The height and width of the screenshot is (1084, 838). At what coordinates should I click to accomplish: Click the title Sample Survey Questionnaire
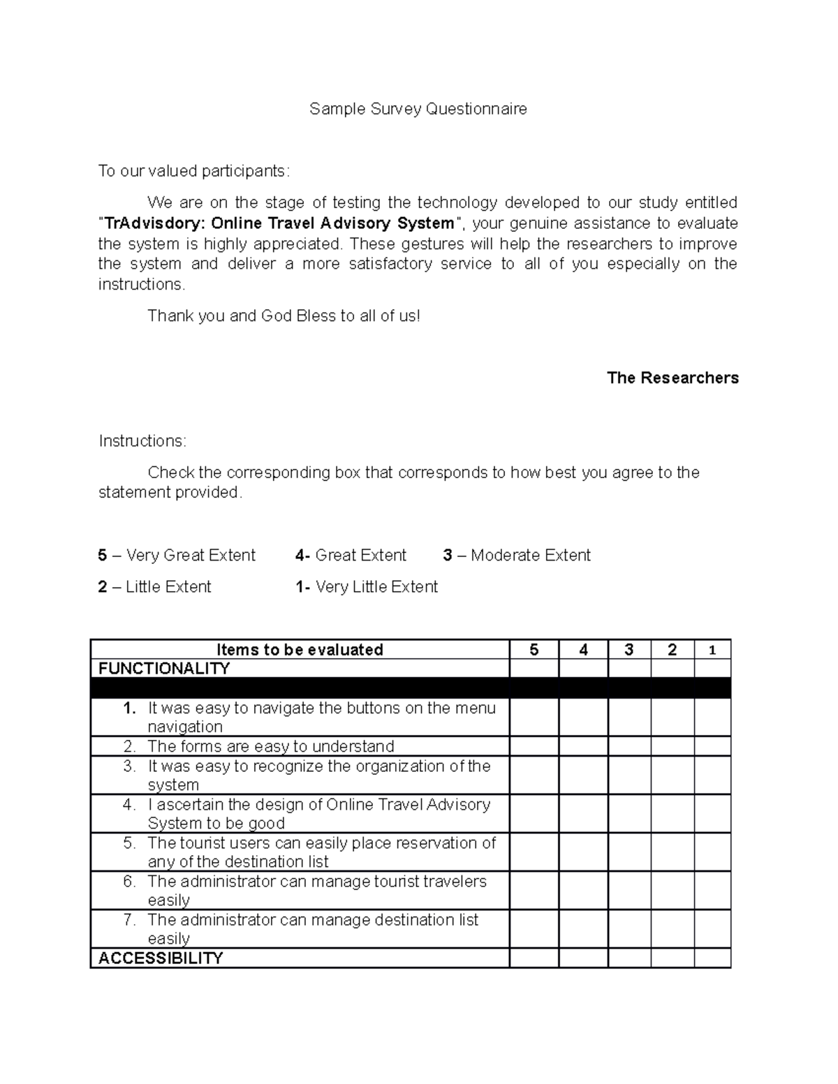click(x=418, y=109)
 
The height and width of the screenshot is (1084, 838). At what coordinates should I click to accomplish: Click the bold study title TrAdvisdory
click(x=279, y=223)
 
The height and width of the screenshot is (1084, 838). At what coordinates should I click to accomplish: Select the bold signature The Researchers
click(x=672, y=378)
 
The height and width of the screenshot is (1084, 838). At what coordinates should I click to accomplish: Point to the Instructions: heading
click(x=142, y=441)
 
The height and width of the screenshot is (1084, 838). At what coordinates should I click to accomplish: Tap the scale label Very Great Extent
click(x=191, y=556)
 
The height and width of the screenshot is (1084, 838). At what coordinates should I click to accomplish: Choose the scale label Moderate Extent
click(x=530, y=556)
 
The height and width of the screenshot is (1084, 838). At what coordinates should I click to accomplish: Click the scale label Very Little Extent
click(x=376, y=587)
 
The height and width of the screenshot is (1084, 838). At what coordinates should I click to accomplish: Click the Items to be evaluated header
click(x=300, y=650)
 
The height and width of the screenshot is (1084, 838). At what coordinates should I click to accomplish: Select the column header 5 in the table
click(x=534, y=650)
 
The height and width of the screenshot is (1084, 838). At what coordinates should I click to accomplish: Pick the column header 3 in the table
click(x=629, y=650)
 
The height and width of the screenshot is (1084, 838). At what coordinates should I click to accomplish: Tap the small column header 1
click(x=712, y=650)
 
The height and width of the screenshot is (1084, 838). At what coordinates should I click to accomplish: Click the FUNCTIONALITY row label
click(x=164, y=669)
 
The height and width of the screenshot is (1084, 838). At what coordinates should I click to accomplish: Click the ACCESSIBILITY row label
click(x=161, y=958)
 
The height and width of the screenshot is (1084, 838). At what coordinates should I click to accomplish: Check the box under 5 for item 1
click(x=534, y=717)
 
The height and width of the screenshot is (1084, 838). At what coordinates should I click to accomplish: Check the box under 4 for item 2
click(x=583, y=746)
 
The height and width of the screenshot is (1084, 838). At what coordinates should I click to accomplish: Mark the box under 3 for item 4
click(x=629, y=814)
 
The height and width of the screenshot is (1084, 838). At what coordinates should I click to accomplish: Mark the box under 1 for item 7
click(x=712, y=929)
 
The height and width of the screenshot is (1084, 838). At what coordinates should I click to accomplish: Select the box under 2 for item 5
click(x=672, y=852)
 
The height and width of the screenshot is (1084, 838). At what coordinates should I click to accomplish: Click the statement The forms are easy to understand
click(x=271, y=746)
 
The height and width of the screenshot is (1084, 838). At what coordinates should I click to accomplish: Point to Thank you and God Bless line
click(x=284, y=316)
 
